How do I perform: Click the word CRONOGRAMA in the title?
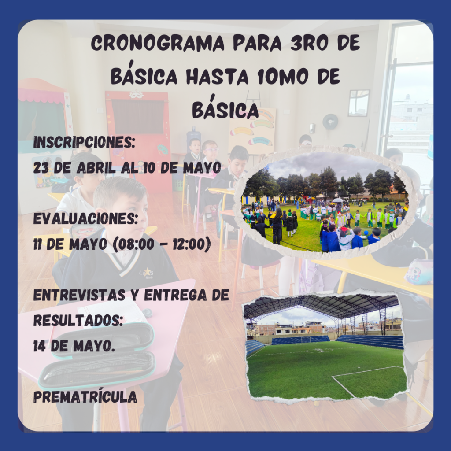point(157,43)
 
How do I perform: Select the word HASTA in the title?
point(217,77)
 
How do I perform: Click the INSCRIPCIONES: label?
point(84,142)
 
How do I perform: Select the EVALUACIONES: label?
point(85,219)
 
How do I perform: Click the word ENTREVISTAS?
point(79,295)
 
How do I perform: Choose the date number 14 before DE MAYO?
point(39,346)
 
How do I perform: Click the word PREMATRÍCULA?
point(85,396)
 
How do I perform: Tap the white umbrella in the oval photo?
point(338,200)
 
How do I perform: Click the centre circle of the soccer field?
point(319,350)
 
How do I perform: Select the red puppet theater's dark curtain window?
point(138,116)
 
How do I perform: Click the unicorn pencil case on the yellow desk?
point(418,271)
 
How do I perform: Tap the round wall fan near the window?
point(330,122)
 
